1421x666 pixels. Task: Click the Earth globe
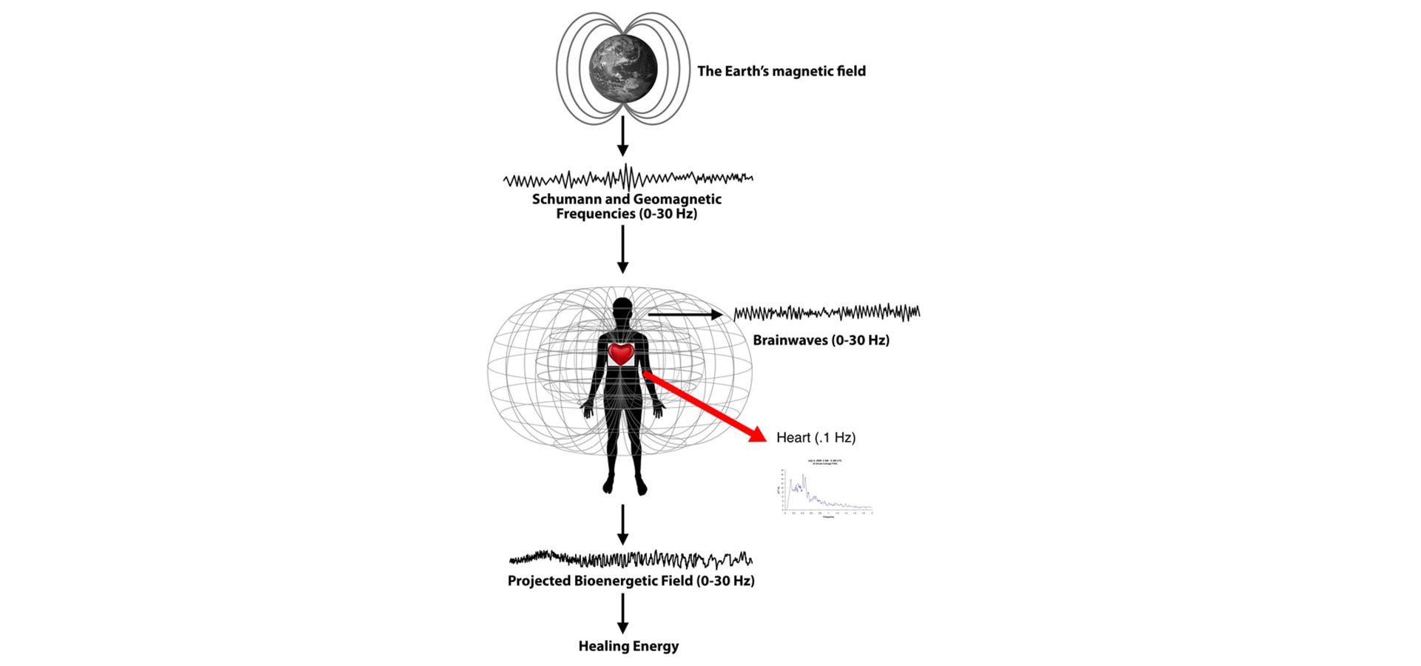point(623,68)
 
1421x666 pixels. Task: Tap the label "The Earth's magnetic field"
point(781,71)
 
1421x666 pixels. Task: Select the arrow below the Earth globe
point(622,137)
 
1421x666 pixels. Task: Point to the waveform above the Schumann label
point(628,178)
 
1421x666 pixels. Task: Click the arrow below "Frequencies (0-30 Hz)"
point(622,249)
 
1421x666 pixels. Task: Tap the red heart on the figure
point(621,354)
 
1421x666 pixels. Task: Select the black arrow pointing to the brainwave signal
point(685,314)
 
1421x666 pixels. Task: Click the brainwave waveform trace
point(827,313)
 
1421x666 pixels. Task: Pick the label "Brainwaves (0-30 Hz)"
point(821,340)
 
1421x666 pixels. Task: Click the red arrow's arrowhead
point(758,434)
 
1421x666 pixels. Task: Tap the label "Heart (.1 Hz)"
point(816,437)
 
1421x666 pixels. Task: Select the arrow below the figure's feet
point(622,525)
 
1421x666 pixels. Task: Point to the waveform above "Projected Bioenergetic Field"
point(631,559)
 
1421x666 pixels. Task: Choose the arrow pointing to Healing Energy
point(622,614)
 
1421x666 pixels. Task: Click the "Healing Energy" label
point(628,646)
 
